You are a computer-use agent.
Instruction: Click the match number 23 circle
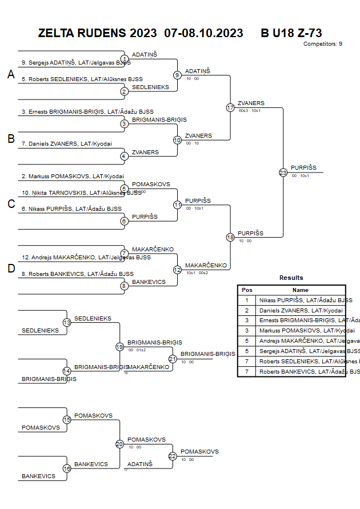[283, 172]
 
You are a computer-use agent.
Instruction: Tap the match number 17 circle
[230, 107]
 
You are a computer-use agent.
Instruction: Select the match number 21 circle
[173, 359]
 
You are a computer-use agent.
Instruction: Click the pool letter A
[11, 74]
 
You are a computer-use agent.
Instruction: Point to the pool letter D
[11, 268]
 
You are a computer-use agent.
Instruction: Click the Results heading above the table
[291, 278]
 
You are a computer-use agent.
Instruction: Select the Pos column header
[247, 290]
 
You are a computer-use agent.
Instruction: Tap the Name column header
[301, 290]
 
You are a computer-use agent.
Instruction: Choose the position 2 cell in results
[247, 310]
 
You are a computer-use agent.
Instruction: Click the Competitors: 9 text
[323, 43]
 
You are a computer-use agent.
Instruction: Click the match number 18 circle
[230, 237]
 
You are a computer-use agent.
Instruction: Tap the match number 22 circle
[173, 456]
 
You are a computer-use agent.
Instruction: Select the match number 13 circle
[67, 323]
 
